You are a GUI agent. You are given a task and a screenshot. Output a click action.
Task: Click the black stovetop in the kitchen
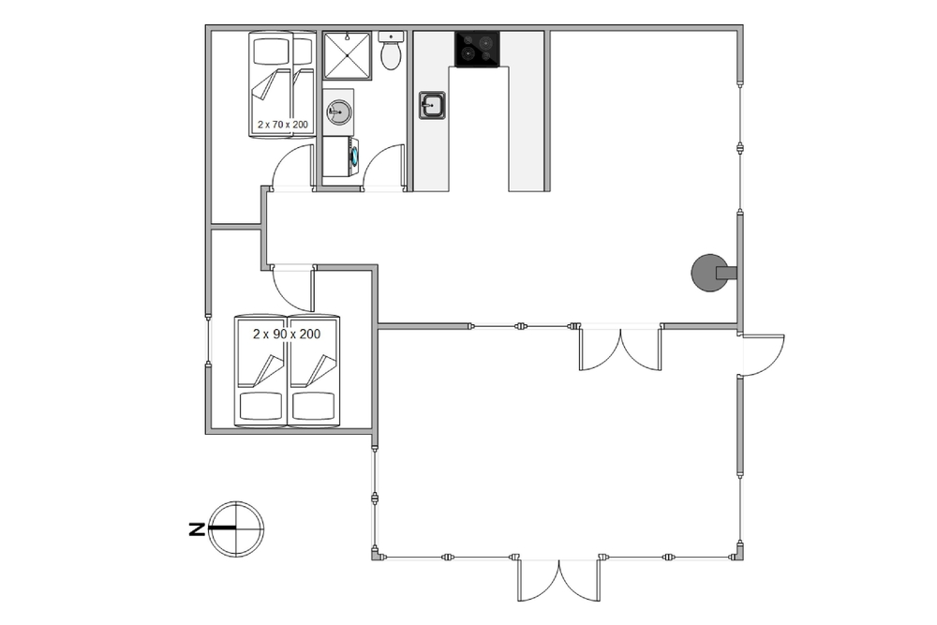coord(478,49)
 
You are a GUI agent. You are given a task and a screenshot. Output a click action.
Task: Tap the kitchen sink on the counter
coord(431,105)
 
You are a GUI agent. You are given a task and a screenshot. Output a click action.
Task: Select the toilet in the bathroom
coord(391,51)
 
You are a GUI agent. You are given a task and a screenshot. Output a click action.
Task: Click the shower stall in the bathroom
coord(348,55)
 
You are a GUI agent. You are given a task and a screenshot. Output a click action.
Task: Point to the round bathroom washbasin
coord(339,112)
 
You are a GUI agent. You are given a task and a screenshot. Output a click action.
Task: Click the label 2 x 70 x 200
coord(283,125)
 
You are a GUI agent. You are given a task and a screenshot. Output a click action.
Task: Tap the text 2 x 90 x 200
coord(287,334)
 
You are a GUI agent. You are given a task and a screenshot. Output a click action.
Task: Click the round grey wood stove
coord(711,273)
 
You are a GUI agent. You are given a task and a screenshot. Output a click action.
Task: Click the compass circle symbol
coord(237,528)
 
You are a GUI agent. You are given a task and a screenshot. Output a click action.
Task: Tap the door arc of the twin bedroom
coord(285,298)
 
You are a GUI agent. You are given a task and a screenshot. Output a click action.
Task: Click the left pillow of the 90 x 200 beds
coord(260,406)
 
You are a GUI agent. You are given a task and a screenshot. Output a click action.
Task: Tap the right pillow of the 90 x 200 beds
coord(312,406)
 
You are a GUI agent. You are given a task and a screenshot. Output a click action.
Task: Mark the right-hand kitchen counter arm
coord(527,112)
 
